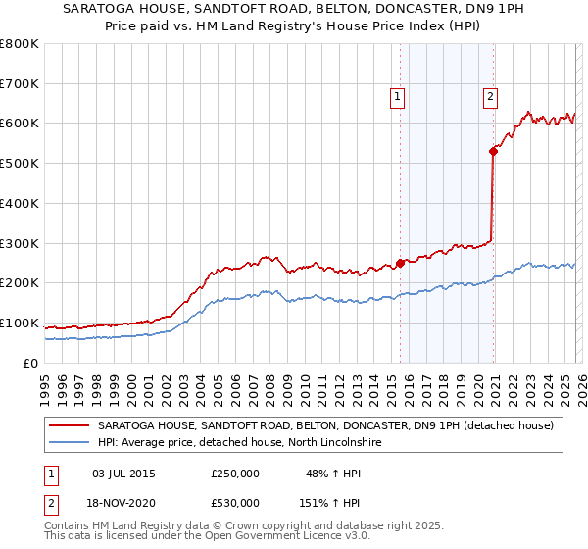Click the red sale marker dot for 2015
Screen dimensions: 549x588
pos(400,263)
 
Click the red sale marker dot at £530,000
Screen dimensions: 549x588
pos(494,150)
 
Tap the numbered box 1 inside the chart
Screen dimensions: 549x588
pos(397,96)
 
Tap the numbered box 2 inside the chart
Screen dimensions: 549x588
pos(489,96)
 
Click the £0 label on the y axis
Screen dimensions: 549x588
pos(29,364)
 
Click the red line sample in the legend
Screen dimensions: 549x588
pos(69,425)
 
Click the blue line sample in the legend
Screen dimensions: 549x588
pos(69,443)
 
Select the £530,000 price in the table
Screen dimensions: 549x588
pos(235,503)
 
